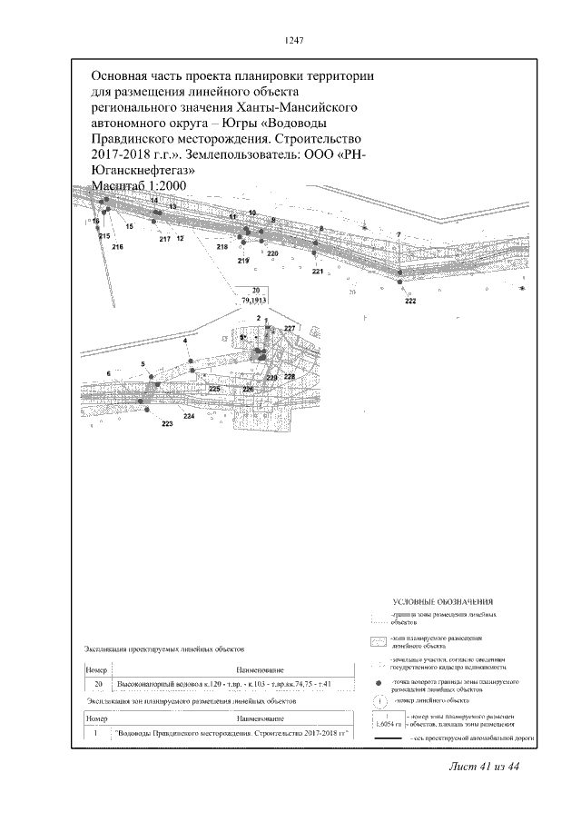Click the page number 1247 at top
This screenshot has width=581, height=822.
[x=293, y=40]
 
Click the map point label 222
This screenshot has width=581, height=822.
[x=410, y=302]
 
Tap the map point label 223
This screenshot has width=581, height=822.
[x=167, y=424]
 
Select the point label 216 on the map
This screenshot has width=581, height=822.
[x=117, y=246]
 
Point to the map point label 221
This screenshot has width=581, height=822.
[x=317, y=272]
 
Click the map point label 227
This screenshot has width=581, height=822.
[x=290, y=328]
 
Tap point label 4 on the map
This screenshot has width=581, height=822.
[x=185, y=340]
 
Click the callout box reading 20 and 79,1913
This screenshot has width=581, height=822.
[x=253, y=294]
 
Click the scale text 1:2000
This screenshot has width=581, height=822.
[x=154, y=185]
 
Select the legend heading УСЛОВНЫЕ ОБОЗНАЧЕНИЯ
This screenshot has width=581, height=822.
[x=443, y=601]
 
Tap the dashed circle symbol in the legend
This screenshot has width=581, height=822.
[x=377, y=701]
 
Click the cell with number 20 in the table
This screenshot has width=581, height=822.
[x=97, y=684]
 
